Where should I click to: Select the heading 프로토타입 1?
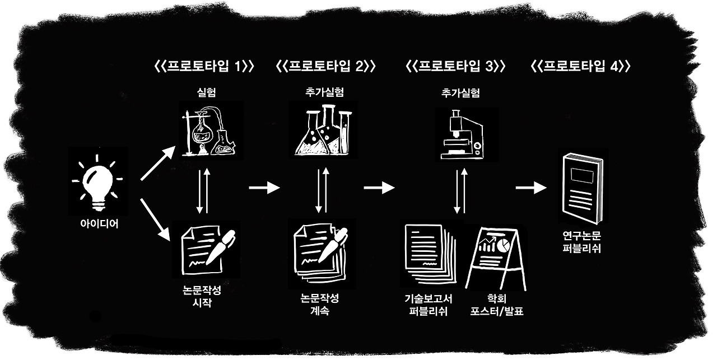[204, 66]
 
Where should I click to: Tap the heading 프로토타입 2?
[325, 66]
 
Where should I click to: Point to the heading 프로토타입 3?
[455, 66]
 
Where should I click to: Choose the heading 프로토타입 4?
[580, 66]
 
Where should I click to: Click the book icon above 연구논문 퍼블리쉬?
[582, 188]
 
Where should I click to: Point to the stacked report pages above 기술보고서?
[429, 255]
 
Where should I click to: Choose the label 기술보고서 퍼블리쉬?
[428, 306]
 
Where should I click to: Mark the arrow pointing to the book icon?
[530, 188]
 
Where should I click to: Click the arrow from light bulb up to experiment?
[157, 165]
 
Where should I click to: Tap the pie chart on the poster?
[504, 245]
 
